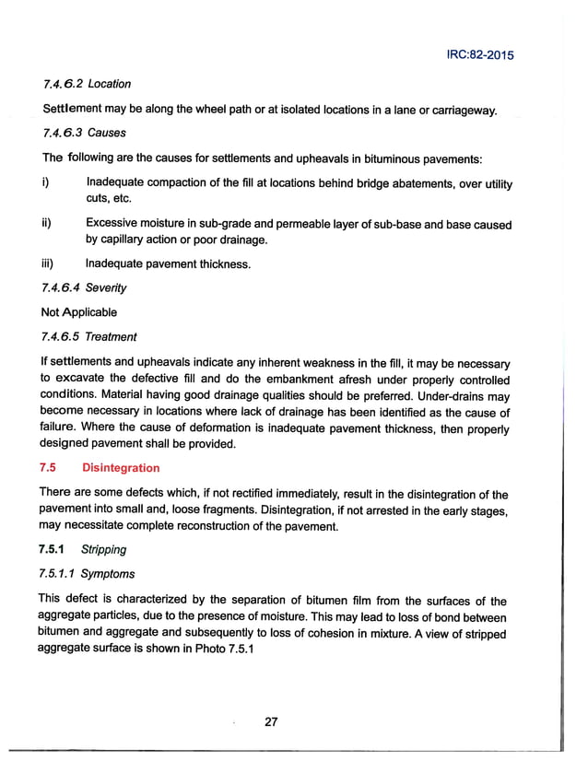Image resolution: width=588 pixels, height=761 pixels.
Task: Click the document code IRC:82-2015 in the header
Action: pyautogui.click(x=474, y=54)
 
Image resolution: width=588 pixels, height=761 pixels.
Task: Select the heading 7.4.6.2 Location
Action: pyautogui.click(x=87, y=84)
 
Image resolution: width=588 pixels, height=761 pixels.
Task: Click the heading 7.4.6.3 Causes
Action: pyautogui.click(x=84, y=132)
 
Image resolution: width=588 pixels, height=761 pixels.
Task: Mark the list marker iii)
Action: pyautogui.click(x=48, y=264)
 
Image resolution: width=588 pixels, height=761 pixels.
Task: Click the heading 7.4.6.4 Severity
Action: pyautogui.click(x=85, y=288)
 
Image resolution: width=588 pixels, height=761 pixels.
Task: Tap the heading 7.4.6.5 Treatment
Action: pyautogui.click(x=90, y=336)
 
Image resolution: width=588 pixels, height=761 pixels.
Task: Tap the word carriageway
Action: pyautogui.click(x=460, y=111)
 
